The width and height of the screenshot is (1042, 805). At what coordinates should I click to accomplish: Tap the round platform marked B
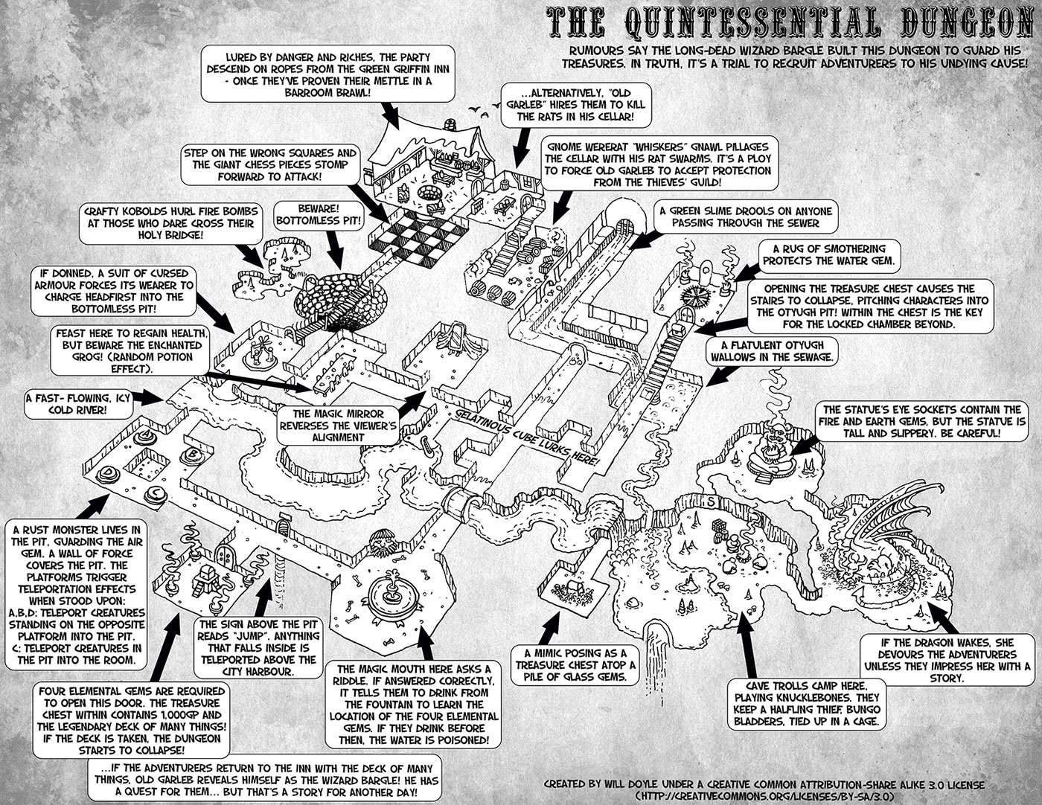pos(193,453)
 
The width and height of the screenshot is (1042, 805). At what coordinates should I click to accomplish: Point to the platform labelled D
pos(112,474)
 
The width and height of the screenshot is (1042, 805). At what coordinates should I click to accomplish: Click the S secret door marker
pos(711,501)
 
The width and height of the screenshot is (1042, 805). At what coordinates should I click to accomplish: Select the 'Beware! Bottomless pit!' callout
pos(317,214)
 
